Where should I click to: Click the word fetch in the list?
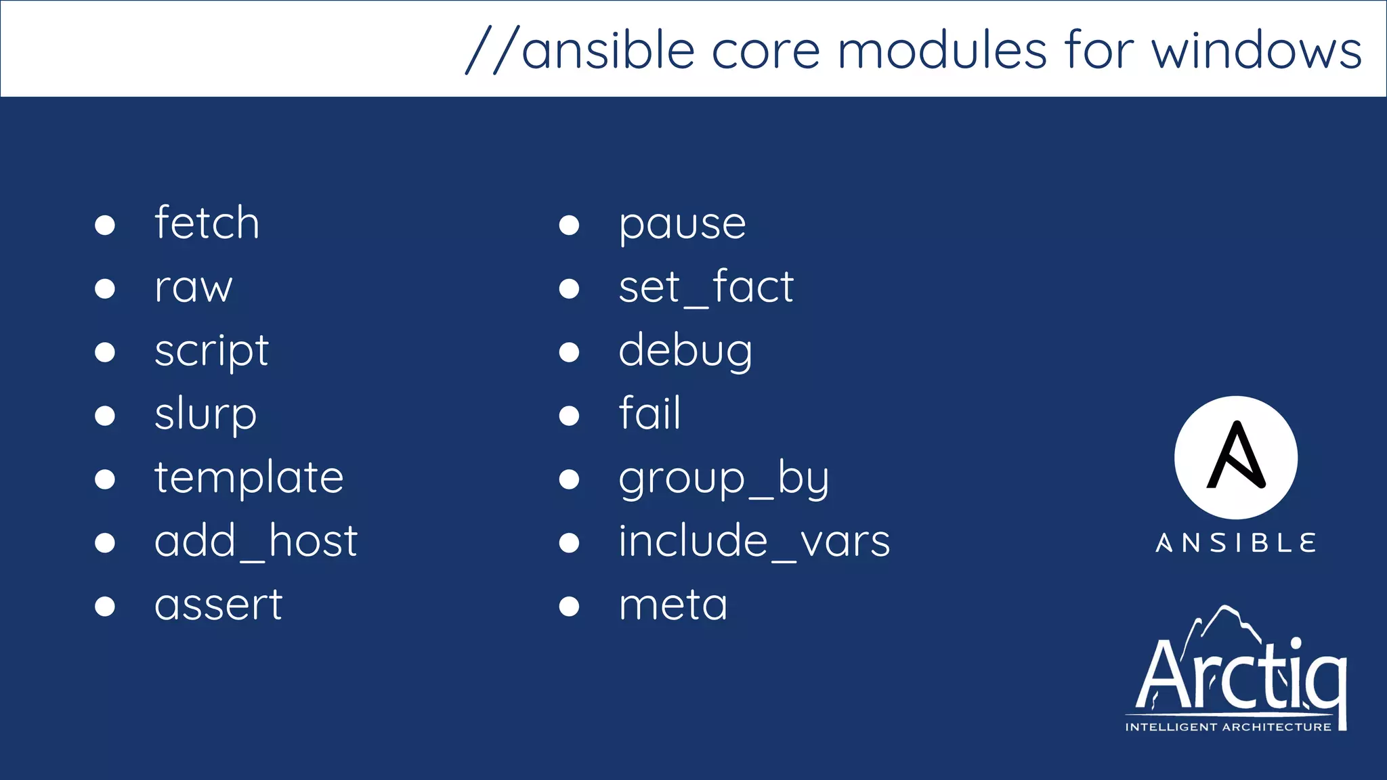(207, 223)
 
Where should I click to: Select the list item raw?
(193, 287)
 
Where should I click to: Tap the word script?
(211, 351)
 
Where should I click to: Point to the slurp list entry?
(205, 414)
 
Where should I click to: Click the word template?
(249, 478)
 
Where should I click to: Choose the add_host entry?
(255, 541)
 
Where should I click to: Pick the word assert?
(218, 605)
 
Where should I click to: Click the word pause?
(682, 224)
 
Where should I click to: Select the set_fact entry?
(706, 287)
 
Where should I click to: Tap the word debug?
(685, 351)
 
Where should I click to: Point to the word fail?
(649, 413)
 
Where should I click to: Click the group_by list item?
(723, 479)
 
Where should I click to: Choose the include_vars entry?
(754, 541)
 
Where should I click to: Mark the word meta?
(673, 605)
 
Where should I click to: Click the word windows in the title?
(1256, 51)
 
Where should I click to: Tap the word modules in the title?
(942, 51)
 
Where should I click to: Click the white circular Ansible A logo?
(1236, 458)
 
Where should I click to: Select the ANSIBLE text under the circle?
(1236, 543)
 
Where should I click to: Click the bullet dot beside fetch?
(105, 225)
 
